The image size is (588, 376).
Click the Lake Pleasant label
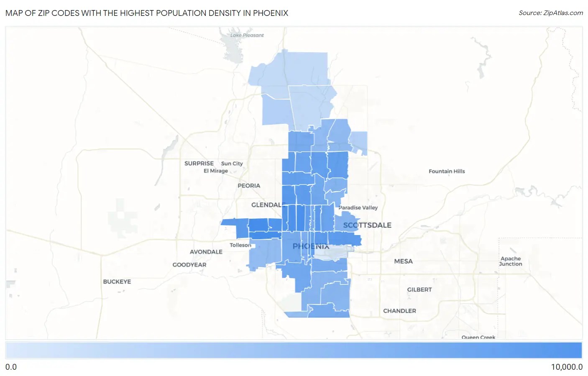point(247,35)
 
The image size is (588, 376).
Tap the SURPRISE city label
point(199,164)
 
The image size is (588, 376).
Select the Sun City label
point(232,164)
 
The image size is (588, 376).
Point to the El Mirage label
point(216,171)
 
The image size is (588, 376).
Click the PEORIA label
point(249,186)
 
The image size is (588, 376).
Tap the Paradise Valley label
point(358,208)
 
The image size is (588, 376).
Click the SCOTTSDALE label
point(367,225)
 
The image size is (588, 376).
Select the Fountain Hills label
point(447,171)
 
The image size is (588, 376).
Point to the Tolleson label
point(240,245)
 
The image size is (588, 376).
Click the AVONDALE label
point(206,252)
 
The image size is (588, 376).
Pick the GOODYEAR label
point(189,265)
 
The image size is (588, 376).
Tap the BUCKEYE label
point(117,281)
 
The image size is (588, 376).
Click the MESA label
point(403,261)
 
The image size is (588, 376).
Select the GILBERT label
point(419,289)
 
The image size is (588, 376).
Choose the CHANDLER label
point(399,311)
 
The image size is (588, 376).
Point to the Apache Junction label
point(511,261)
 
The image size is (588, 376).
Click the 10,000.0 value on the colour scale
point(567,367)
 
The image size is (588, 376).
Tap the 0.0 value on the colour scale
point(11,367)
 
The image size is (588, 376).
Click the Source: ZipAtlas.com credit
point(551,13)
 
